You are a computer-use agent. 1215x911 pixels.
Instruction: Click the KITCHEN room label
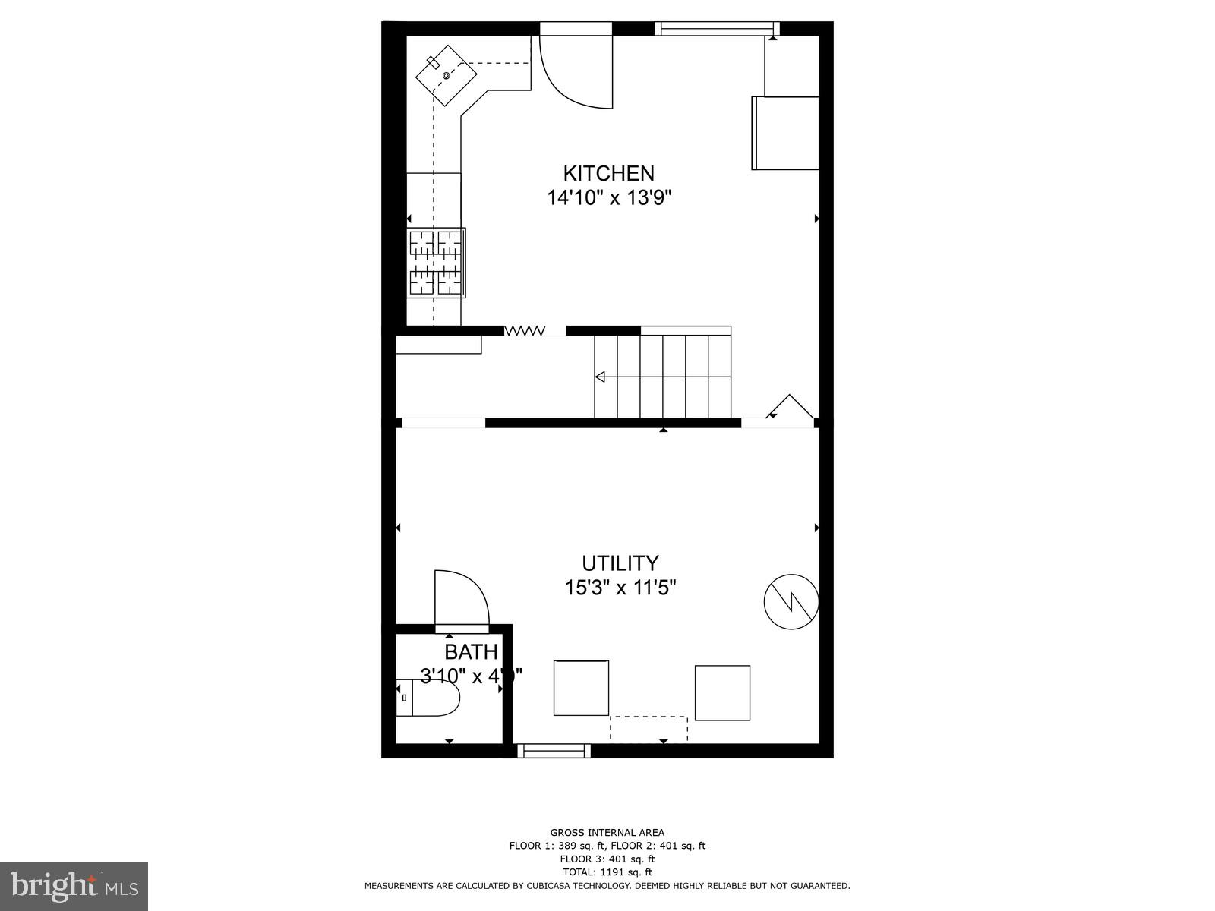pyautogui.click(x=608, y=173)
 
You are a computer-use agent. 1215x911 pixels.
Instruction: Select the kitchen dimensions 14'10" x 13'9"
pyautogui.click(x=609, y=198)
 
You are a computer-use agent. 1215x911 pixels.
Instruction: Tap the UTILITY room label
pyautogui.click(x=620, y=563)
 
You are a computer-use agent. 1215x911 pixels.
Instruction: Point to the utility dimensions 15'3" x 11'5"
pyautogui.click(x=620, y=588)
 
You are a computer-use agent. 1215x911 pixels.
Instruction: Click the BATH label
pyautogui.click(x=471, y=652)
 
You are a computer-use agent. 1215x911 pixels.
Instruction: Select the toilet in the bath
pyautogui.click(x=430, y=697)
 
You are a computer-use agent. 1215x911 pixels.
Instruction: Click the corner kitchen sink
pyautogui.click(x=446, y=74)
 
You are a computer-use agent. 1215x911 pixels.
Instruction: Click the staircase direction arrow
pyautogui.click(x=600, y=377)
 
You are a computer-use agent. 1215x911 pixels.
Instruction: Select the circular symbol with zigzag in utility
pyautogui.click(x=791, y=601)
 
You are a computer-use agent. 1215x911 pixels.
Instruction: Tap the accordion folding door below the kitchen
pyautogui.click(x=525, y=330)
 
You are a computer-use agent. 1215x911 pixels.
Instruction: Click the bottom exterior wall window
pyautogui.click(x=554, y=751)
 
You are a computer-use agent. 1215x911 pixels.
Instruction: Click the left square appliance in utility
pyautogui.click(x=581, y=688)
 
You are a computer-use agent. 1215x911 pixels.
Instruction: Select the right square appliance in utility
pyautogui.click(x=722, y=692)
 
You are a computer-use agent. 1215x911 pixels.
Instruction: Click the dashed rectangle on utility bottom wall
pyautogui.click(x=649, y=728)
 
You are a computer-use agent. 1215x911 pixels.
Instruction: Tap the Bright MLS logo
pyautogui.click(x=74, y=886)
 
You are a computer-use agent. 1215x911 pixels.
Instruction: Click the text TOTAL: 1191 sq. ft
pyautogui.click(x=607, y=872)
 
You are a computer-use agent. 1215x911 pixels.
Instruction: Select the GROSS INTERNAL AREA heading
pyautogui.click(x=607, y=833)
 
